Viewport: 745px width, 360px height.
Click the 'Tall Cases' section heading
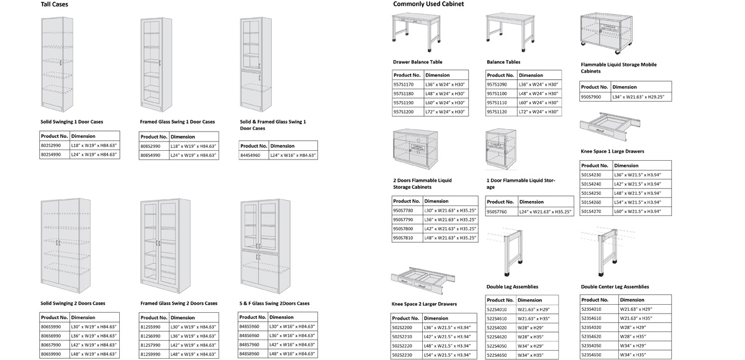[55, 4]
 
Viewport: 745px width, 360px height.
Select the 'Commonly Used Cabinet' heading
[428, 4]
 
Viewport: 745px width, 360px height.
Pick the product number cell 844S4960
[252, 155]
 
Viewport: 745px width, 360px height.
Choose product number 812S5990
[151, 326]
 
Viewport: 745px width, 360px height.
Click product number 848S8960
[250, 354]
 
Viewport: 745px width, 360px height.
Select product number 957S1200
[404, 112]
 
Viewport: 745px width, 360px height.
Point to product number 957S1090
[497, 84]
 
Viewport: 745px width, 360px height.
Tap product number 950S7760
[498, 212]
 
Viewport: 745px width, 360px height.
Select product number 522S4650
[497, 355]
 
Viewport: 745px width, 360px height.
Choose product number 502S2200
[403, 328]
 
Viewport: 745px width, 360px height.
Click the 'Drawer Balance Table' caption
[418, 62]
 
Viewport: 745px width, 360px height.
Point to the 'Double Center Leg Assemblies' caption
[615, 287]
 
